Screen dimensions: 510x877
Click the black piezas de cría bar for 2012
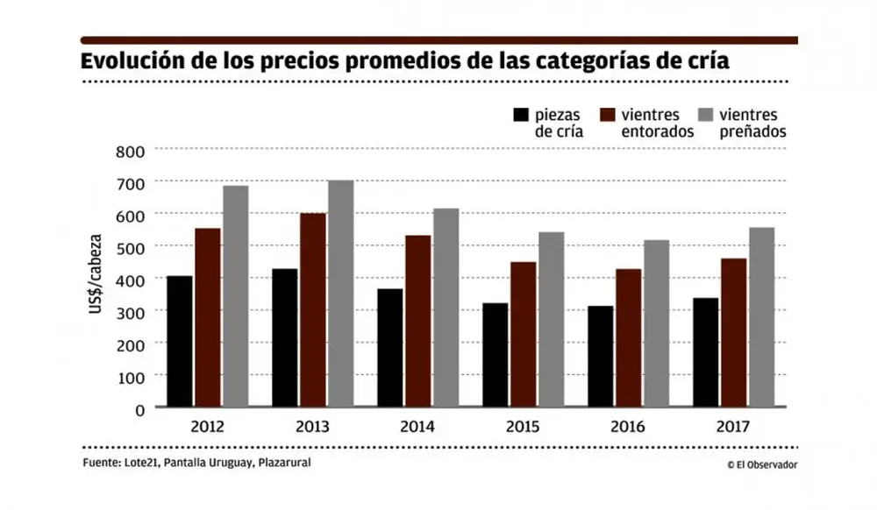click(x=180, y=342)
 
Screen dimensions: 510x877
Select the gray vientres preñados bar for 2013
click(x=339, y=294)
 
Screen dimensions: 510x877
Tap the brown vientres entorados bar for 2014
click(x=417, y=321)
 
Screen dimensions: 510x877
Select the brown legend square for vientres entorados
click(x=608, y=115)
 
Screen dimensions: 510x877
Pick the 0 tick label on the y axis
click(x=139, y=408)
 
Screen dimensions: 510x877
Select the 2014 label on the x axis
click(x=417, y=428)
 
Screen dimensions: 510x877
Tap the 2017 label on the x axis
click(x=734, y=428)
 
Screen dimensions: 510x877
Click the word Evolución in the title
click(x=130, y=64)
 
